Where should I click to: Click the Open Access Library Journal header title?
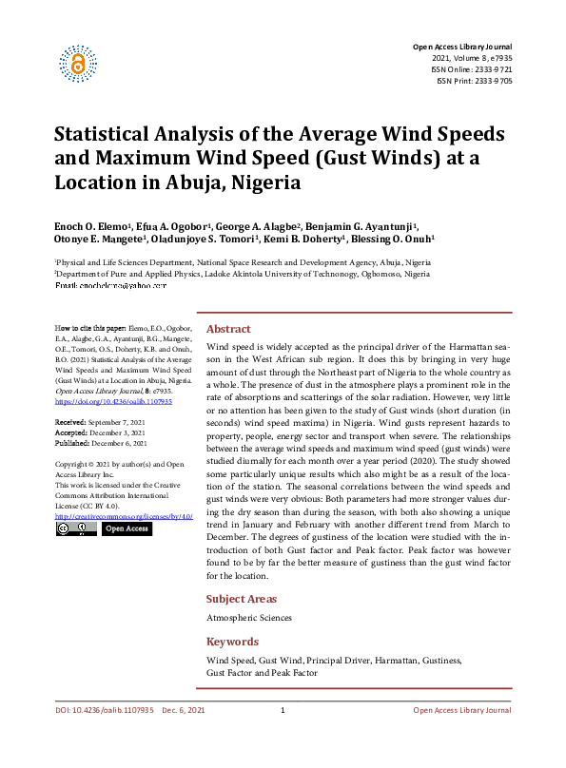(462, 47)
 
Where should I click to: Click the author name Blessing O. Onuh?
(400, 240)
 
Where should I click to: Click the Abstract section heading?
(228, 328)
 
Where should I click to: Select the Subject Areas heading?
(242, 599)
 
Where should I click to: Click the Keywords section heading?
(232, 642)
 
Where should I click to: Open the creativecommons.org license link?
(124, 515)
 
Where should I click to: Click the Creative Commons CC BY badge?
(76, 528)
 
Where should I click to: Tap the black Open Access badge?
(126, 528)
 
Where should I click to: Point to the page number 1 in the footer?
(283, 711)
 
